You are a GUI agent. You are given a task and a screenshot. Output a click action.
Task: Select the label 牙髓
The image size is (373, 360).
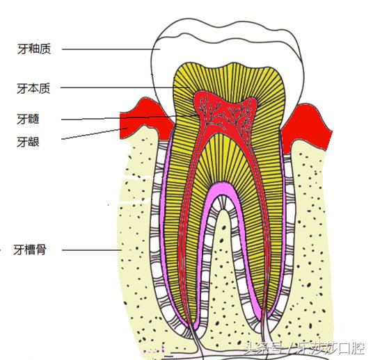pos(29,119)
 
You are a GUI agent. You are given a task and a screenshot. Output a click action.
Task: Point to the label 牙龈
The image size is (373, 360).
pos(29,141)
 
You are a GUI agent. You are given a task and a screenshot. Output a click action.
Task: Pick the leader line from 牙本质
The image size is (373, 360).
pos(118,88)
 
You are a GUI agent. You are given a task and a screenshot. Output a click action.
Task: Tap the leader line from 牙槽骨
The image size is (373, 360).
pos(90,249)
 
